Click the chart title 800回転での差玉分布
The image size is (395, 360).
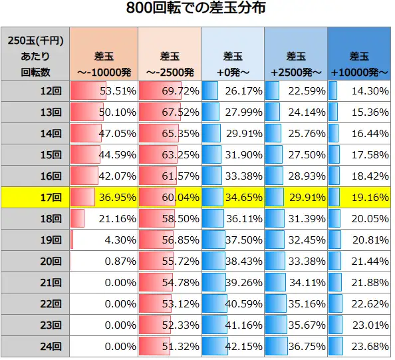197,9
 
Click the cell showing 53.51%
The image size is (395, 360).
118,90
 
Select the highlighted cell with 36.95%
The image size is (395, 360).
118,198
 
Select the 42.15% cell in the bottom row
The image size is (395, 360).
243,347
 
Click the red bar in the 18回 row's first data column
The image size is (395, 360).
77,219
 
